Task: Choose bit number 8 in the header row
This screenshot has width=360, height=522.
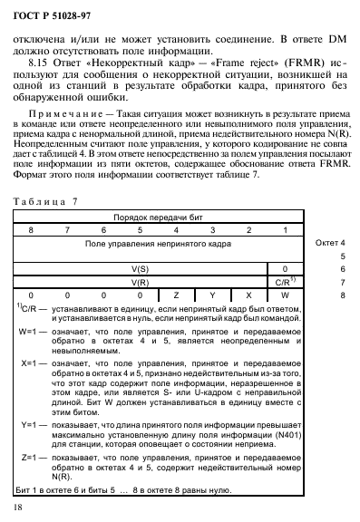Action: [x=31, y=231]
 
